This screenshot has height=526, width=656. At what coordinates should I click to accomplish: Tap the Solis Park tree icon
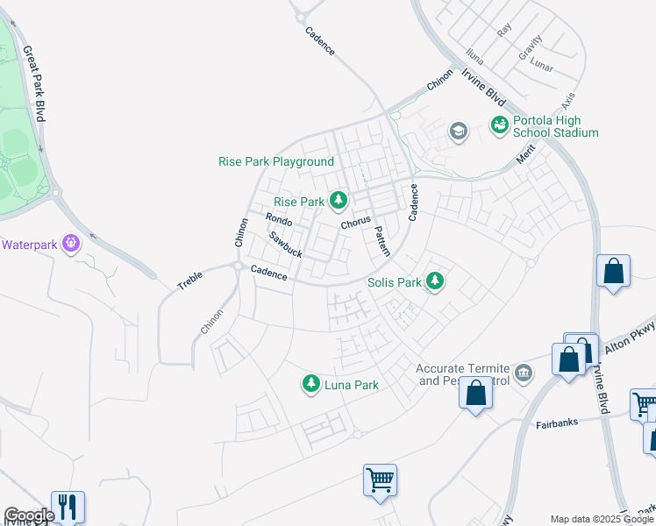[x=434, y=282]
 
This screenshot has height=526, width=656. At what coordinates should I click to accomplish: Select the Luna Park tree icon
[x=310, y=384]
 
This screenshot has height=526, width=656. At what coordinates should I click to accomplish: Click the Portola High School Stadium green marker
[x=499, y=125]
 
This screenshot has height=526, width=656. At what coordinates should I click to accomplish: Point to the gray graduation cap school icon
[x=457, y=131]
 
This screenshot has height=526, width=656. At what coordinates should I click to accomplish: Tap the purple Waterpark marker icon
[x=71, y=243]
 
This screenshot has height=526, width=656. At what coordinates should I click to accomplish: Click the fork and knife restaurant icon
[x=68, y=506]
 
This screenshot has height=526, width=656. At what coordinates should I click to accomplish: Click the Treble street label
[x=190, y=281]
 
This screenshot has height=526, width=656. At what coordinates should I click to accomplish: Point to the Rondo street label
[x=278, y=219]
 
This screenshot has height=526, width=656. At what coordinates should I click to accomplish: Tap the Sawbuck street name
[x=285, y=245]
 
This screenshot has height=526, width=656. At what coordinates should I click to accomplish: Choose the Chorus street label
[x=356, y=223]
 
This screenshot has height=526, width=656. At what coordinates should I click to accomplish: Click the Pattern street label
[x=381, y=241]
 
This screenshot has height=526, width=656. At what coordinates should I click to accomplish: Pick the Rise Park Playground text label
[x=275, y=162]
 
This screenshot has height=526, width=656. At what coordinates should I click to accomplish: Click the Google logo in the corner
[x=29, y=515]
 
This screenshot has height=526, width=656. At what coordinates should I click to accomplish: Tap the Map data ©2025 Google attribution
[x=601, y=519]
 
